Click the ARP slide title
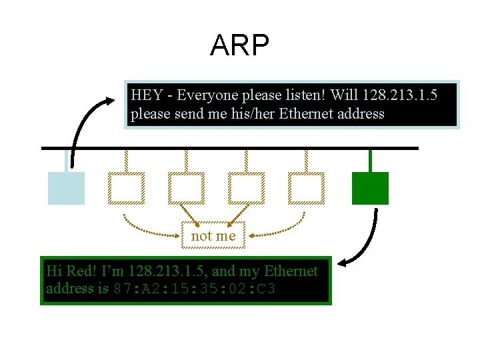[x=239, y=45]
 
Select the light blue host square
[x=66, y=188]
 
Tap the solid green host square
[x=370, y=188]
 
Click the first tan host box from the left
[x=126, y=188]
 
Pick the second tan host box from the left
[x=186, y=188]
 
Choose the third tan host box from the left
[x=246, y=188]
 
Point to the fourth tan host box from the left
[x=306, y=188]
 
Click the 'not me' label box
[x=213, y=236]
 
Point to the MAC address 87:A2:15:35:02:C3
[x=195, y=289]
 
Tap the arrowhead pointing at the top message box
[x=109, y=101]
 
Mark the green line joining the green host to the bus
[x=370, y=160]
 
